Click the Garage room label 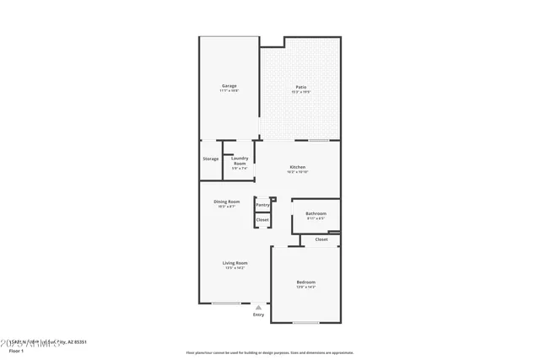229,85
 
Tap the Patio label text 300,86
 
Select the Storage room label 210,159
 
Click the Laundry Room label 240,160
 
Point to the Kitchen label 298,167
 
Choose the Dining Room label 226,201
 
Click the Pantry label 262,204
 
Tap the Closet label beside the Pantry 262,220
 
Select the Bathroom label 316,213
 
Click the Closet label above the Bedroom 321,239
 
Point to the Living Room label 235,263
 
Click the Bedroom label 305,282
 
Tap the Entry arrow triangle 258,308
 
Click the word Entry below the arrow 258,315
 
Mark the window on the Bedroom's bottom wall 305,323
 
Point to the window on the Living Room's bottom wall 225,303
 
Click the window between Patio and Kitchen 318,140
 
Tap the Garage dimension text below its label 229,90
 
